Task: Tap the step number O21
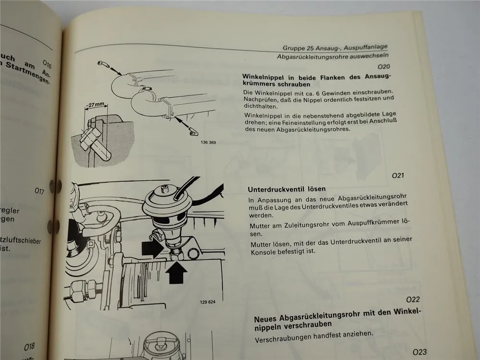(398, 176)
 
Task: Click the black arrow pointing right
(154, 249)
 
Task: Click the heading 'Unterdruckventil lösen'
(287, 189)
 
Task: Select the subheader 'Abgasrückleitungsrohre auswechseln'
(333, 57)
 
